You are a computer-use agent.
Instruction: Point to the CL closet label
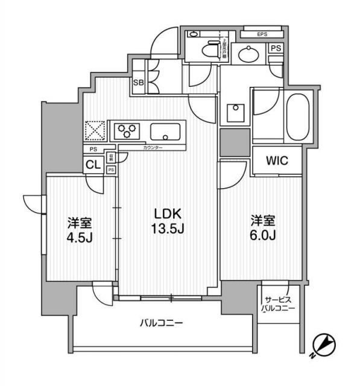[x=93, y=163]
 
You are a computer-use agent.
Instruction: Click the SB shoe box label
[x=137, y=83]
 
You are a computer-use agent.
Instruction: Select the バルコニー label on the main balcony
[x=162, y=323]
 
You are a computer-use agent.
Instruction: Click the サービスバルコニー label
[x=278, y=305]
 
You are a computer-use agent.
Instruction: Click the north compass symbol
[x=324, y=346]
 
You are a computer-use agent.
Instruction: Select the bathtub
[x=297, y=116]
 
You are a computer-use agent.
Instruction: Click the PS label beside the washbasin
[x=275, y=48]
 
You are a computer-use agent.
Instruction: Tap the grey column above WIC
[x=234, y=143]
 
